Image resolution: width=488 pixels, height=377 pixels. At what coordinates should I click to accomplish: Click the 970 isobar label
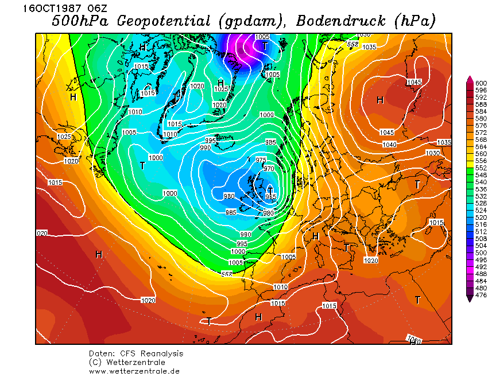tap(269, 169)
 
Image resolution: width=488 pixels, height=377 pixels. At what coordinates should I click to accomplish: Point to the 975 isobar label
tap(261, 160)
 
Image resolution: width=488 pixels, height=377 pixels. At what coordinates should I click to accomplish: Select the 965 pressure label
tap(271, 197)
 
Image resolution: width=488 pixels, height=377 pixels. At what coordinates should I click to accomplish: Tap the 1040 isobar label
tap(389, 144)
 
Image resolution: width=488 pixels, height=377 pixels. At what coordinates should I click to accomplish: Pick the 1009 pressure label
tap(266, 115)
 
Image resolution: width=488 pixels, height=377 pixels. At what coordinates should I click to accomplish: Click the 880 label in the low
tap(229, 196)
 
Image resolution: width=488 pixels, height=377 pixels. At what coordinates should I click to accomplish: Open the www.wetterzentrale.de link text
tap(134, 371)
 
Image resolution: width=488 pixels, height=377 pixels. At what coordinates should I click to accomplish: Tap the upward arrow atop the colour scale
tap(470, 79)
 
